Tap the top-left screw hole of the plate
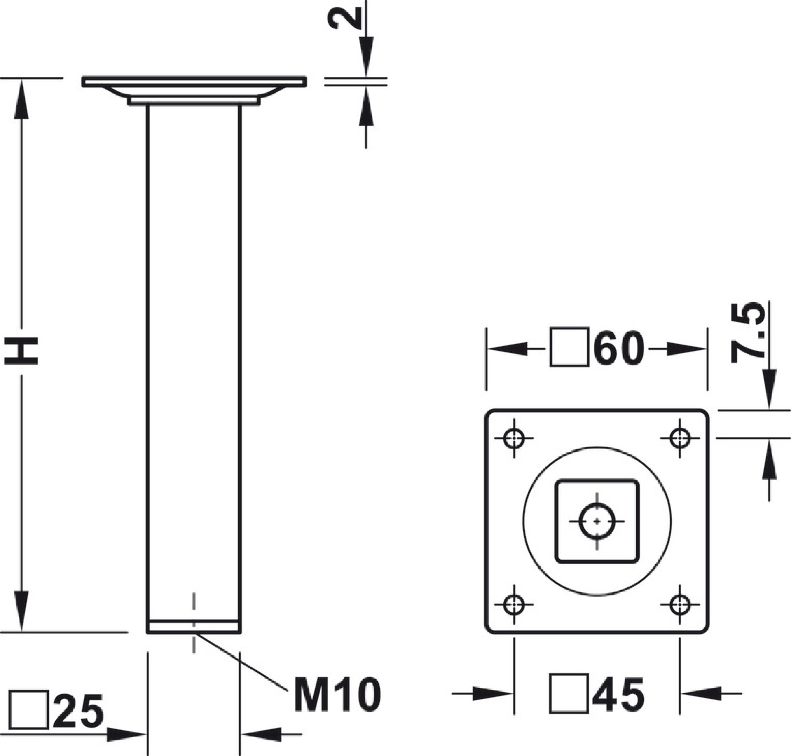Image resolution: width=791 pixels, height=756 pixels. tap(514, 438)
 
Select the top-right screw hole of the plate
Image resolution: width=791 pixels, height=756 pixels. tap(680, 438)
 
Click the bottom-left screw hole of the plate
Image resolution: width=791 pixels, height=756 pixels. tap(514, 604)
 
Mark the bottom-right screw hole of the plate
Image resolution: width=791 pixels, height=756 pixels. tap(680, 604)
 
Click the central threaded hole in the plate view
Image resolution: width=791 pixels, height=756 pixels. tap(597, 521)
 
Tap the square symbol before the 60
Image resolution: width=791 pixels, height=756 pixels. tap(569, 347)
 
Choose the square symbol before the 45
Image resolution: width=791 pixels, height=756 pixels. tap(569, 694)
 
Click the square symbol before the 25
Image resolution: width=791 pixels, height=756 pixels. tap(28, 710)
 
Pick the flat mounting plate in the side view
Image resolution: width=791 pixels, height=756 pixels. tap(194, 82)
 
